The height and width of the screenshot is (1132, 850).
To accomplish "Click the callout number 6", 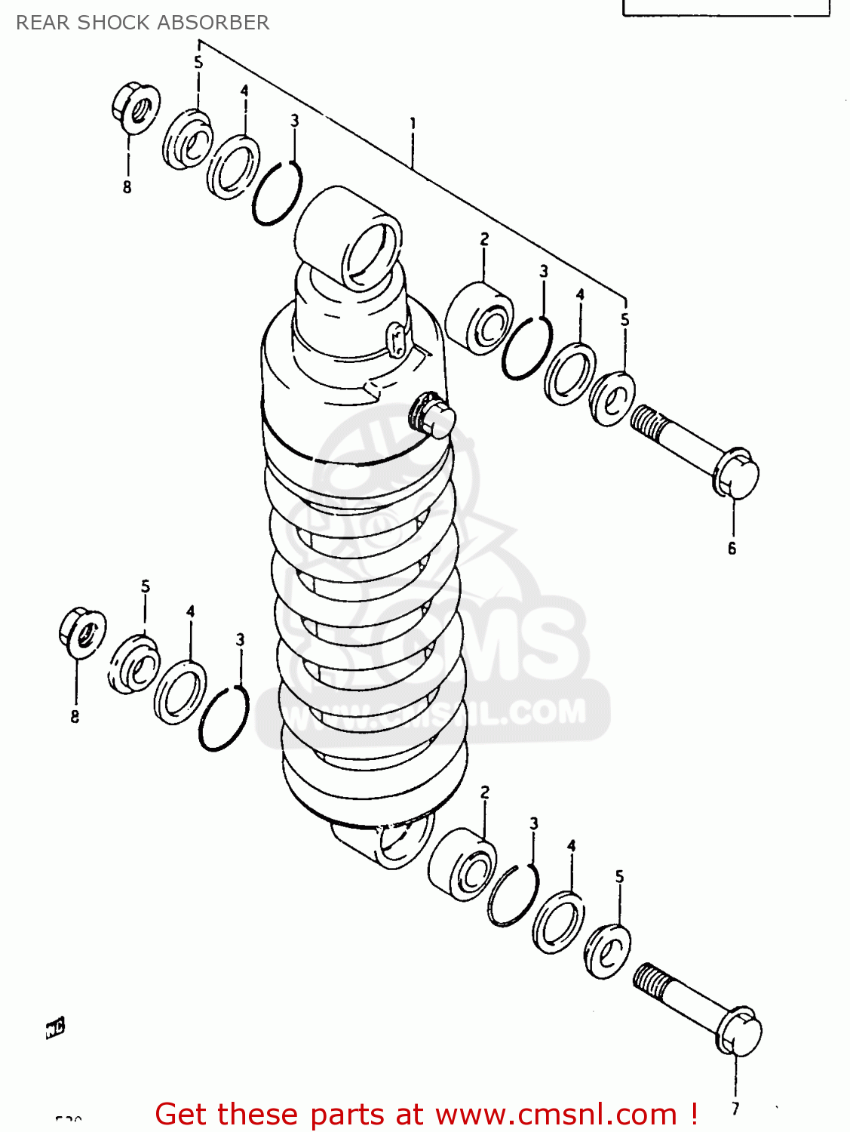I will pos(732,549).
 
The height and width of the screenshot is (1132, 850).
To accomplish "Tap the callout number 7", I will pos(735,1109).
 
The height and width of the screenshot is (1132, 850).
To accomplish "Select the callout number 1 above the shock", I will pos(413,123).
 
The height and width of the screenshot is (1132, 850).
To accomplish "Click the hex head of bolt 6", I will pos(736,475).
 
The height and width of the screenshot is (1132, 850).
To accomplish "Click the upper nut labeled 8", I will pos(136,109).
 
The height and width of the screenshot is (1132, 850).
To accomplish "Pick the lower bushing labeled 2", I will pos(462,866).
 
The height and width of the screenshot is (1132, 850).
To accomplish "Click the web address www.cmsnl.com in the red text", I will pos(556,1114).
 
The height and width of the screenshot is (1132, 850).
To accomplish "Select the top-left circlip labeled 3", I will pos(277,194).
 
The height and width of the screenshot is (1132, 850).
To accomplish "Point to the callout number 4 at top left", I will pos(244,91).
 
